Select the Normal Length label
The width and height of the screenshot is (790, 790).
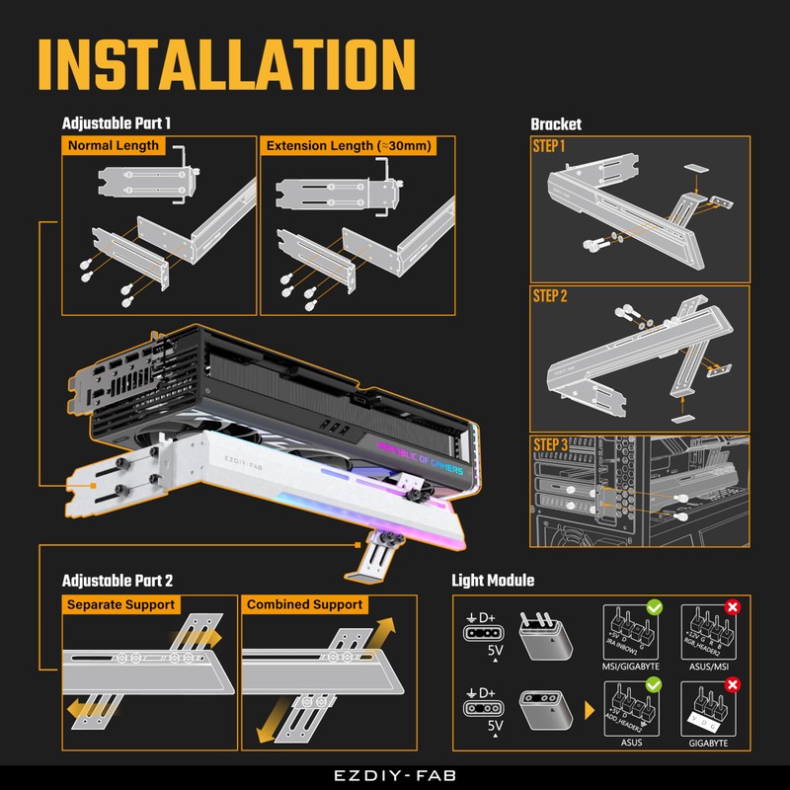click(x=112, y=146)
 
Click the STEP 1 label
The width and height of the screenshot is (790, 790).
click(x=549, y=146)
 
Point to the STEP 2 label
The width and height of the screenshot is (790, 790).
click(x=550, y=296)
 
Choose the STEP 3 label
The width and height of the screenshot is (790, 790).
click(x=550, y=445)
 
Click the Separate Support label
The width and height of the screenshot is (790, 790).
click(x=119, y=604)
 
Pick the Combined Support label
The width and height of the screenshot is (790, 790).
click(x=304, y=604)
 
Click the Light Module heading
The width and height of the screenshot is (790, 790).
click(x=493, y=581)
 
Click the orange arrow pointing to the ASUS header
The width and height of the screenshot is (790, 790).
click(x=590, y=710)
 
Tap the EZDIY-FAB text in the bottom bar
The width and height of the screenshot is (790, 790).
click(x=395, y=776)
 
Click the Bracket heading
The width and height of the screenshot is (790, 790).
click(x=556, y=124)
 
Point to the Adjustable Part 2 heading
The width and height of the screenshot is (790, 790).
click(x=118, y=581)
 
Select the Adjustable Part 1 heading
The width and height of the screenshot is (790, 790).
click(x=117, y=124)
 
